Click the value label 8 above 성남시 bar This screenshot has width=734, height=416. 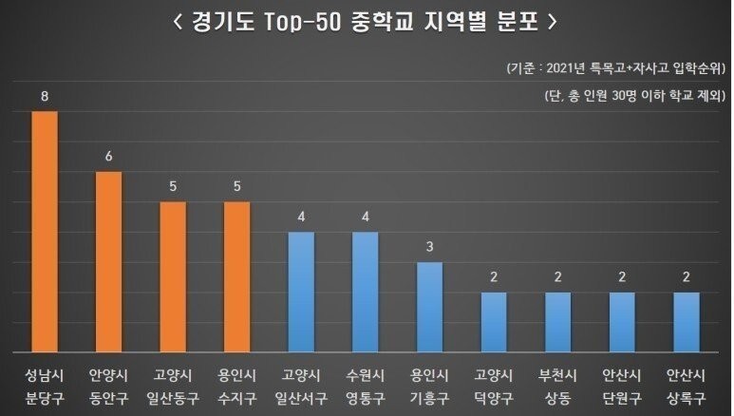(45, 97)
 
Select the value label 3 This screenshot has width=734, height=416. (429, 248)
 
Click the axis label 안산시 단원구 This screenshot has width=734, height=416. (622, 384)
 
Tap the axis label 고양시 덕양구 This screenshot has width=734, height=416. (494, 384)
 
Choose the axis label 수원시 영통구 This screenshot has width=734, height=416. (366, 384)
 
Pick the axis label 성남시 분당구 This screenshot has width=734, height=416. (45, 384)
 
